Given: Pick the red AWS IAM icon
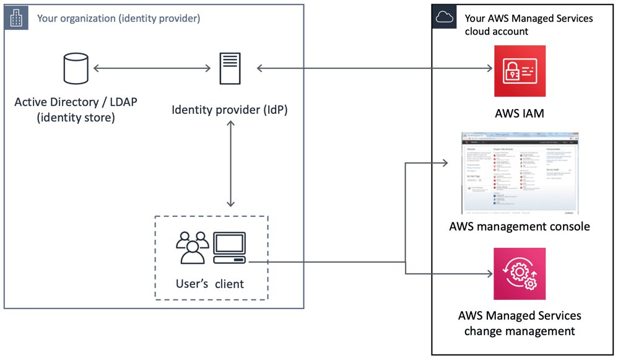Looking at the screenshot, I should [520, 71].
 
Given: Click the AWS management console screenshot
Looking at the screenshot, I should [519, 173].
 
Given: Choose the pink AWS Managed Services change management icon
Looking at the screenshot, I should [520, 274].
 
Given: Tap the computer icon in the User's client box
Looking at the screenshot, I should [229, 247].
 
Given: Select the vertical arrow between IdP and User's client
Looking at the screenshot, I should [230, 164].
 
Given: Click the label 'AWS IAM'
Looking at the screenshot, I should [520, 113].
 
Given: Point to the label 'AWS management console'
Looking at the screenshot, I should [519, 226].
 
